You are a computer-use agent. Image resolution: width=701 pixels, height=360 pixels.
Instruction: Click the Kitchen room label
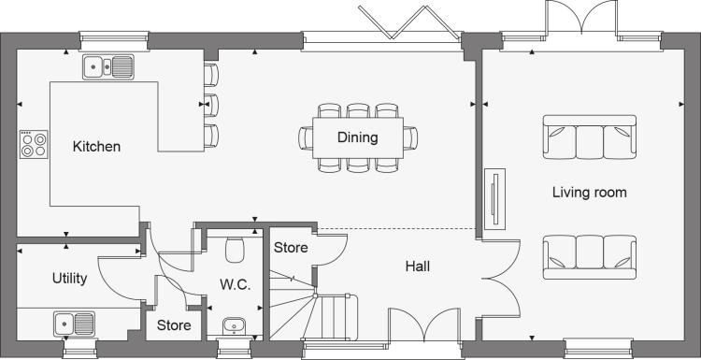coord(96,146)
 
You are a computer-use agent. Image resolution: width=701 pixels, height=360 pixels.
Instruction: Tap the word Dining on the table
coord(358,137)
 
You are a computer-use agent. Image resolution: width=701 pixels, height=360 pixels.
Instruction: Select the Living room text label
coord(589,193)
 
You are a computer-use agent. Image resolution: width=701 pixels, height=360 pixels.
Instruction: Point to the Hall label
coord(418,266)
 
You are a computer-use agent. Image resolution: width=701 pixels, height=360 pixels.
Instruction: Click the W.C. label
coord(235,285)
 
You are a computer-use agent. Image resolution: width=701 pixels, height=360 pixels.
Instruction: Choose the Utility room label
coord(69,278)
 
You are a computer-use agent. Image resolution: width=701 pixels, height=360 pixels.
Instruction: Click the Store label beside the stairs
coord(291,247)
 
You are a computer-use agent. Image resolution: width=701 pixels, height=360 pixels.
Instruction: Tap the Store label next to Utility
coord(174,325)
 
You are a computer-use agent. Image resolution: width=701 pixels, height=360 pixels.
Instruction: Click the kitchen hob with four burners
coord(34,144)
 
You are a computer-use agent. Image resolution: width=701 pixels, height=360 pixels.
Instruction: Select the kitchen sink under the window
coord(108,67)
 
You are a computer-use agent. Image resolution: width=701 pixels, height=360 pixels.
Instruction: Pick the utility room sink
coord(74,324)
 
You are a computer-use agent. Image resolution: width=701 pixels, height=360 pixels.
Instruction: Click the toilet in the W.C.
coord(235,250)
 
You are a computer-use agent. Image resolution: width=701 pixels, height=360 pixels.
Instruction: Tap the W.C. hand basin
coord(234,326)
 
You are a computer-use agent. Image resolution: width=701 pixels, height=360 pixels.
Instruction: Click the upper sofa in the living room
coord(589,137)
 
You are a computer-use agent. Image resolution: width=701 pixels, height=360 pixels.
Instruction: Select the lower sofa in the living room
coord(589,257)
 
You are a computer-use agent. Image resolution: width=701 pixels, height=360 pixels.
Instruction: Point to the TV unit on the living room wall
coord(494,199)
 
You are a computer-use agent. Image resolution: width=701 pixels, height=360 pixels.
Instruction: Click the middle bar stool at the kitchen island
coord(211,106)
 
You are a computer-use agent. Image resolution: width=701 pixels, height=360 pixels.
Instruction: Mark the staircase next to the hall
coord(313,307)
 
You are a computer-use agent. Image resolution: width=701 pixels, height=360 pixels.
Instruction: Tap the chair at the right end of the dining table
coord(410,137)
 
